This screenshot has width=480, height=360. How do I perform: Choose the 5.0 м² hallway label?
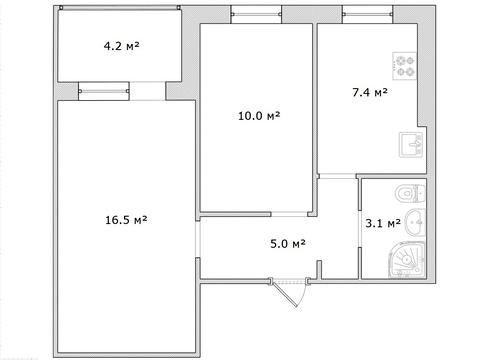click(287, 242)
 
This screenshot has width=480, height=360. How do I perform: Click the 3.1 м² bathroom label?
click(381, 223)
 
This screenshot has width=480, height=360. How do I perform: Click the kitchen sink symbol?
click(409, 145)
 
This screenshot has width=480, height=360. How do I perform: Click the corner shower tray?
click(409, 263)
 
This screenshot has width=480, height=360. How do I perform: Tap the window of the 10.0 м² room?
click(250, 13)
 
